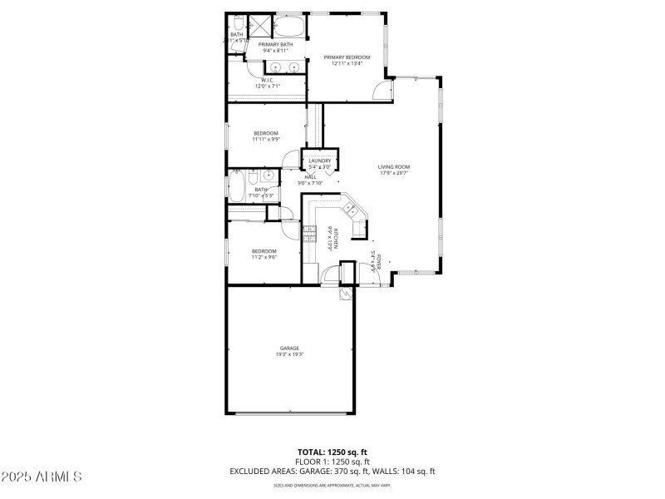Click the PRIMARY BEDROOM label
(347, 57)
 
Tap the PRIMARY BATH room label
(275, 44)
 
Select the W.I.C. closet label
(268, 81)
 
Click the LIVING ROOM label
(394, 166)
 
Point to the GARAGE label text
(289, 348)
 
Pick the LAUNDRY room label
(319, 161)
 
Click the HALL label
(310, 176)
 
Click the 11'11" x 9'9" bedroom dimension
(265, 139)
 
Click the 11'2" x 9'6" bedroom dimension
(264, 257)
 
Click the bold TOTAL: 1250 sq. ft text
(332, 451)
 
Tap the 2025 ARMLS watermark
(42, 477)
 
